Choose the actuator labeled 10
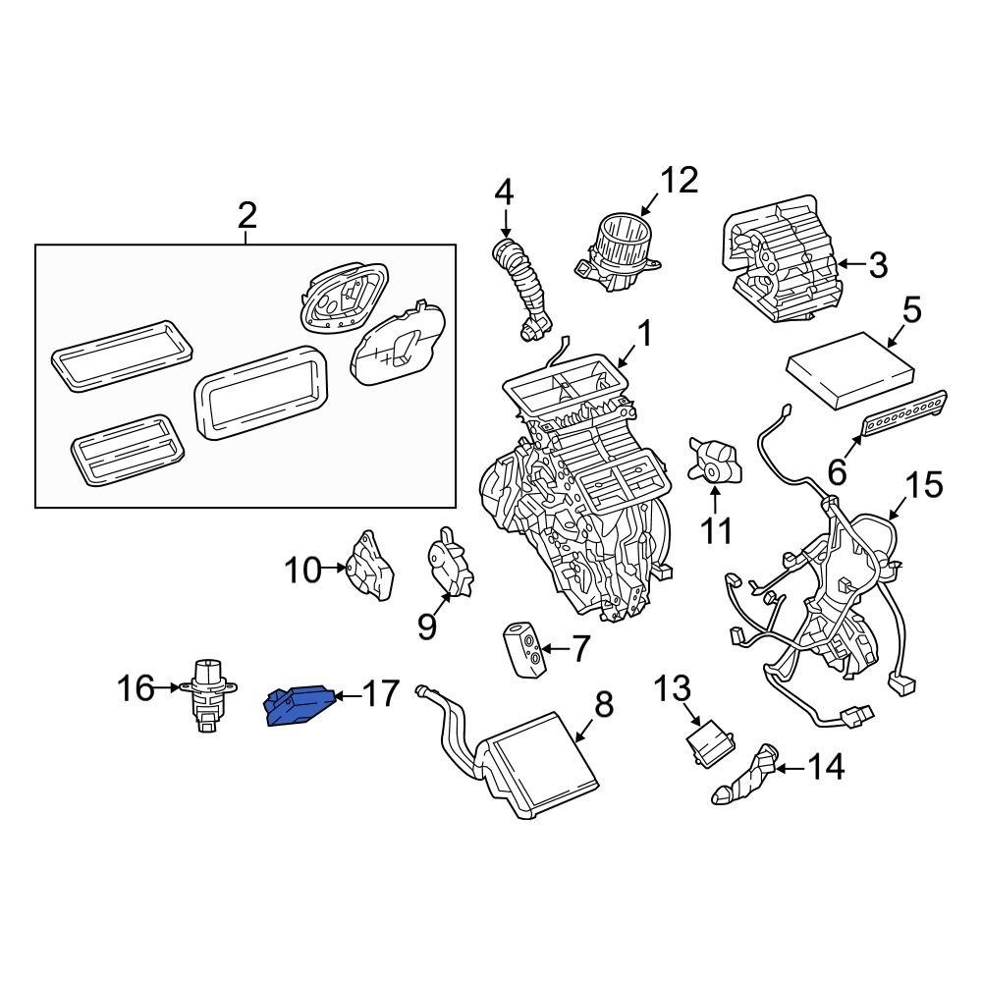coord(371,567)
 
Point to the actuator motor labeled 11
coord(715,462)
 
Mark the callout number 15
coord(922,485)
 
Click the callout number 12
coord(678,181)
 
